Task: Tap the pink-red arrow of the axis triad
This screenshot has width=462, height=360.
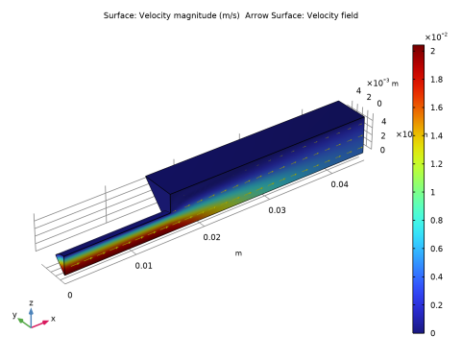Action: [42, 323]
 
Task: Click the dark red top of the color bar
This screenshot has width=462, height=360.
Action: [418, 53]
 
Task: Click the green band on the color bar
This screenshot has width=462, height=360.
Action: [418, 187]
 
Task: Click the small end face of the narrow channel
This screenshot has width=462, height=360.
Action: [61, 261]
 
